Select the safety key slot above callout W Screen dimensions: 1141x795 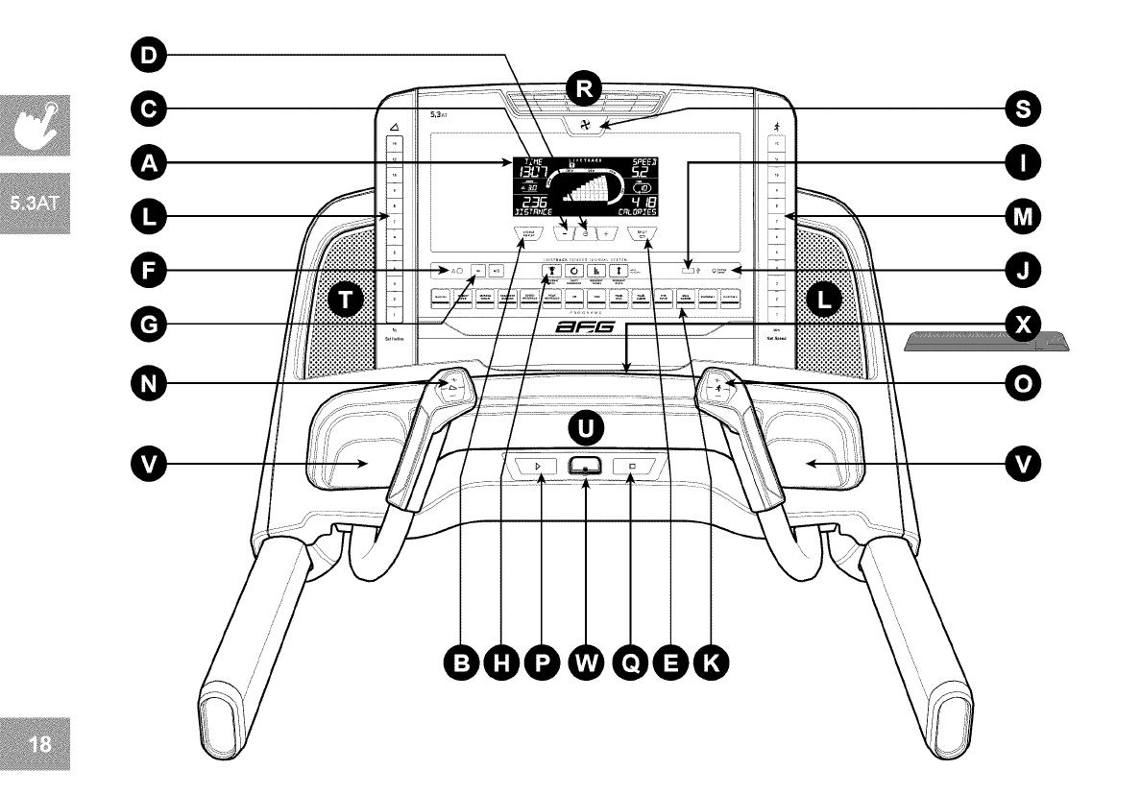(584, 467)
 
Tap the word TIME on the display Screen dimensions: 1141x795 (530, 161)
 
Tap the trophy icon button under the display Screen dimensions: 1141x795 (551, 272)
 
